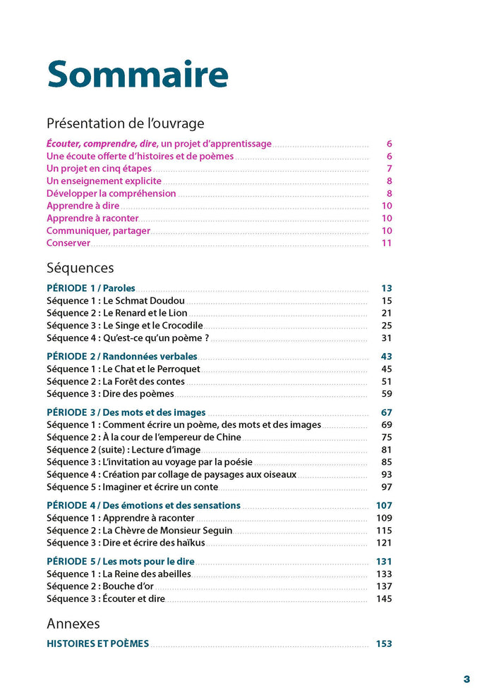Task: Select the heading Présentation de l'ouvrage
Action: pyautogui.click(x=125, y=123)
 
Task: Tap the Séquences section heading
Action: pyautogui.click(x=80, y=268)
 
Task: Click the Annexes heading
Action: pyautogui.click(x=73, y=624)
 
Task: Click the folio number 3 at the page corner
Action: pyautogui.click(x=466, y=679)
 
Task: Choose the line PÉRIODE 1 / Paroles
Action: pyautogui.click(x=90, y=288)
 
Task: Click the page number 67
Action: pyautogui.click(x=386, y=412)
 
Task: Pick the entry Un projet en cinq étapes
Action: pyautogui.click(x=99, y=168)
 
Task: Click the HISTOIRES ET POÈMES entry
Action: pyautogui.click(x=97, y=643)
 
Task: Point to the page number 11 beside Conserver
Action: pyautogui.click(x=386, y=243)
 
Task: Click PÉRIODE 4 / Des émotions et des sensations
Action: pyautogui.click(x=143, y=505)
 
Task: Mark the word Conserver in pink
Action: pyautogui.click(x=68, y=243)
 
